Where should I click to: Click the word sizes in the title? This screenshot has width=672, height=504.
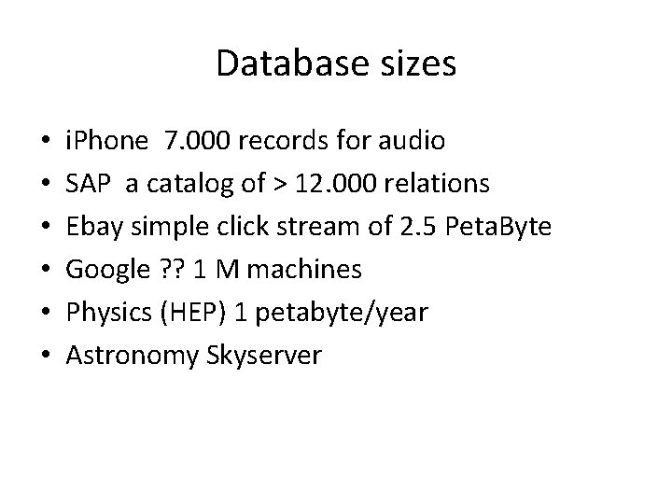click(x=413, y=64)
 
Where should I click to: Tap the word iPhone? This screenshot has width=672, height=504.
click(x=106, y=141)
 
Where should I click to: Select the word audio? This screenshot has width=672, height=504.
click(x=413, y=141)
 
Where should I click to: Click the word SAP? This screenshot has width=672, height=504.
click(x=87, y=184)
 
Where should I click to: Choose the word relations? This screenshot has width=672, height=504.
click(x=435, y=184)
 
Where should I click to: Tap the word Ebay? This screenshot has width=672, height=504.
click(x=91, y=227)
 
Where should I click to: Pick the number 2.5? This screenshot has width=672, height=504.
click(x=415, y=227)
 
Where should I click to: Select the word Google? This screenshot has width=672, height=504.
click(x=104, y=270)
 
